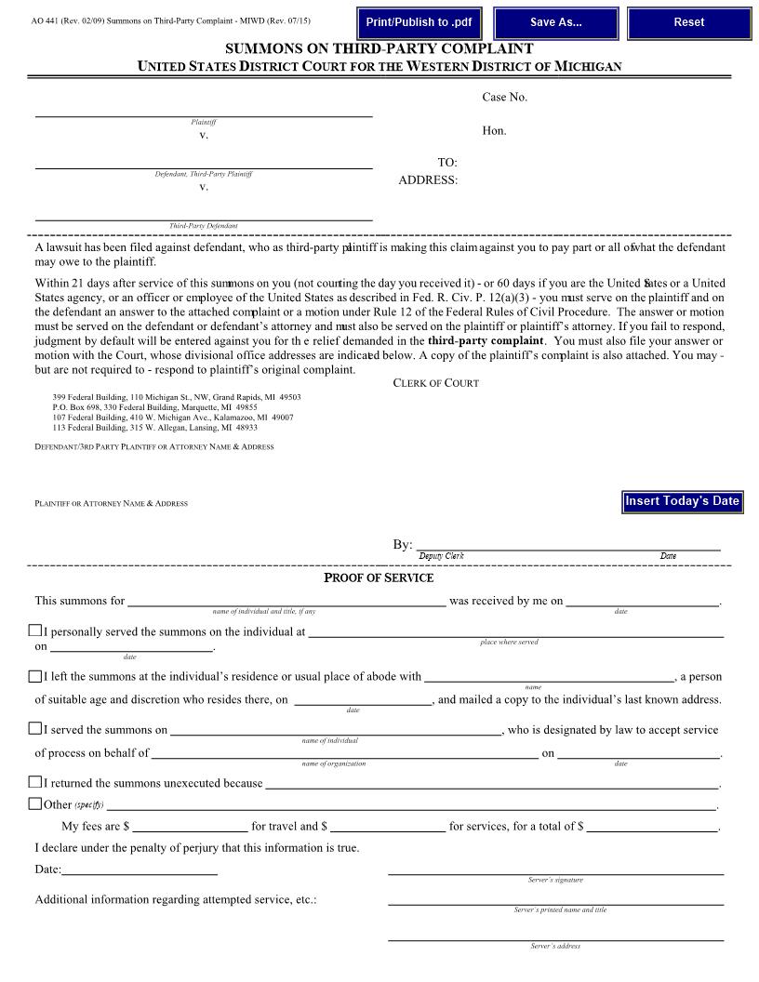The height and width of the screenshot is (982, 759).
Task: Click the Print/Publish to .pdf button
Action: (419, 22)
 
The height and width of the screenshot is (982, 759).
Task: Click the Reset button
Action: (688, 22)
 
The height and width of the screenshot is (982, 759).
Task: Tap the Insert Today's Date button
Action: (682, 501)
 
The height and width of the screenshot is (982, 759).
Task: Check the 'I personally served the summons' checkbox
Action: (35, 631)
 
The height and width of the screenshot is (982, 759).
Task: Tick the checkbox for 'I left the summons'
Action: (35, 676)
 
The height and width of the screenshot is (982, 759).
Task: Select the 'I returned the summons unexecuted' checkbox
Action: (35, 782)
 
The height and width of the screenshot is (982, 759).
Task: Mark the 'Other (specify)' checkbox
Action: (35, 803)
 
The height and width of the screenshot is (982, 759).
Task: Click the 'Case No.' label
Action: (504, 98)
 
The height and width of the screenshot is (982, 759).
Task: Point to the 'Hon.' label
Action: (494, 131)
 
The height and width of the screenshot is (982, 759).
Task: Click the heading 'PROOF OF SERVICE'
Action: (379, 578)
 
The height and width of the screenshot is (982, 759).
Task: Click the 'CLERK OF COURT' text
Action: (435, 383)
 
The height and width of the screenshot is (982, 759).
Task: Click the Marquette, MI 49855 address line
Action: (154, 407)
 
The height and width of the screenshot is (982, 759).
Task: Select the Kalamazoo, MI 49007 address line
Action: (172, 418)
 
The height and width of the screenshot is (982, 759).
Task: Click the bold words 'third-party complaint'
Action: (485, 341)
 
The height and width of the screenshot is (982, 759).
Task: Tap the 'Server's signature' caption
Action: (555, 880)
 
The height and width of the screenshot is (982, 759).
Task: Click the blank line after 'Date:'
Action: (140, 869)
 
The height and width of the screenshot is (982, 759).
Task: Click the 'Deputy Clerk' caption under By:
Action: (441, 556)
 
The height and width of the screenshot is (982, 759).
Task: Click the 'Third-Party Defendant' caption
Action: (203, 226)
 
